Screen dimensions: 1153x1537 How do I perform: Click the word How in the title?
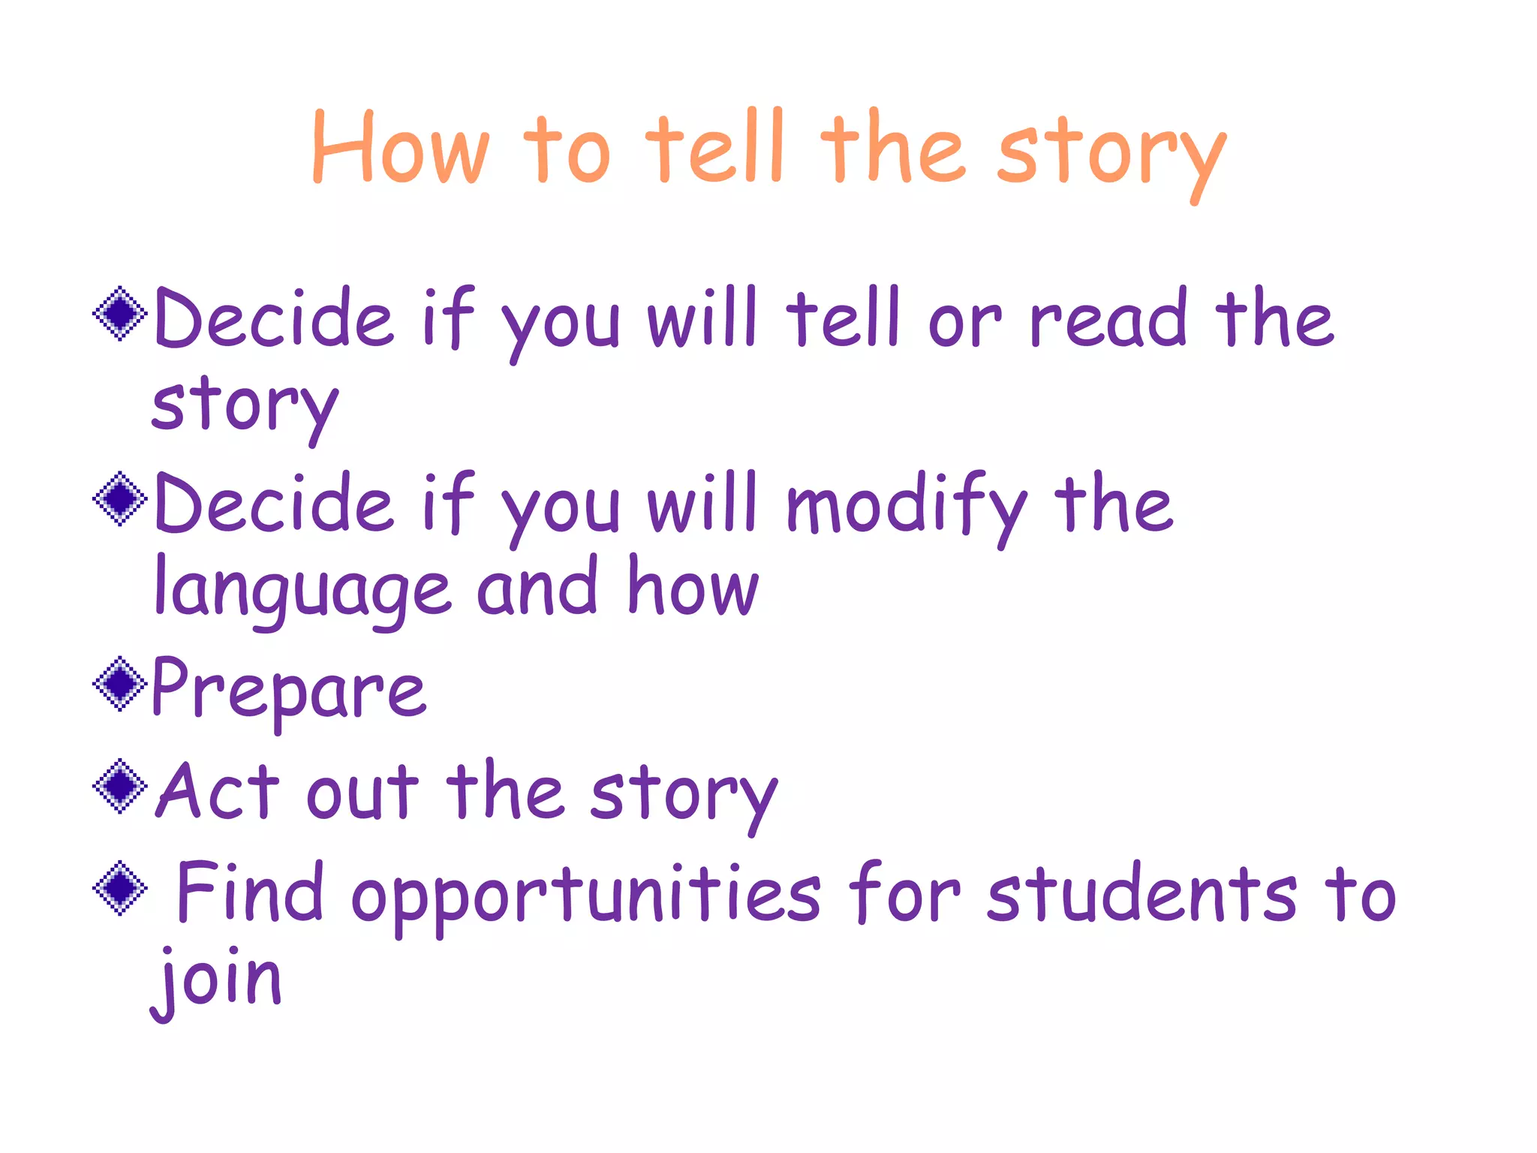(401, 148)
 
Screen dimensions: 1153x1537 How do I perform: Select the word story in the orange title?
(1111, 154)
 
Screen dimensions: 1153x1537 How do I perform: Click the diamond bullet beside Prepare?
(119, 684)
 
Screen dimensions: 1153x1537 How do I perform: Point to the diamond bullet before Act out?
(119, 786)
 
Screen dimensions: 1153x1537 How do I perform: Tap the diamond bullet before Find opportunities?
(119, 888)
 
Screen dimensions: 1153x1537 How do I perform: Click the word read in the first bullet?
(1108, 319)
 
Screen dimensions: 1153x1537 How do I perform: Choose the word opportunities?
(586, 896)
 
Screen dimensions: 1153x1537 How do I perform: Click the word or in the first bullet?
(964, 323)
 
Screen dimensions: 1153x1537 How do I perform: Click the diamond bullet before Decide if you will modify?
(119, 498)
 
